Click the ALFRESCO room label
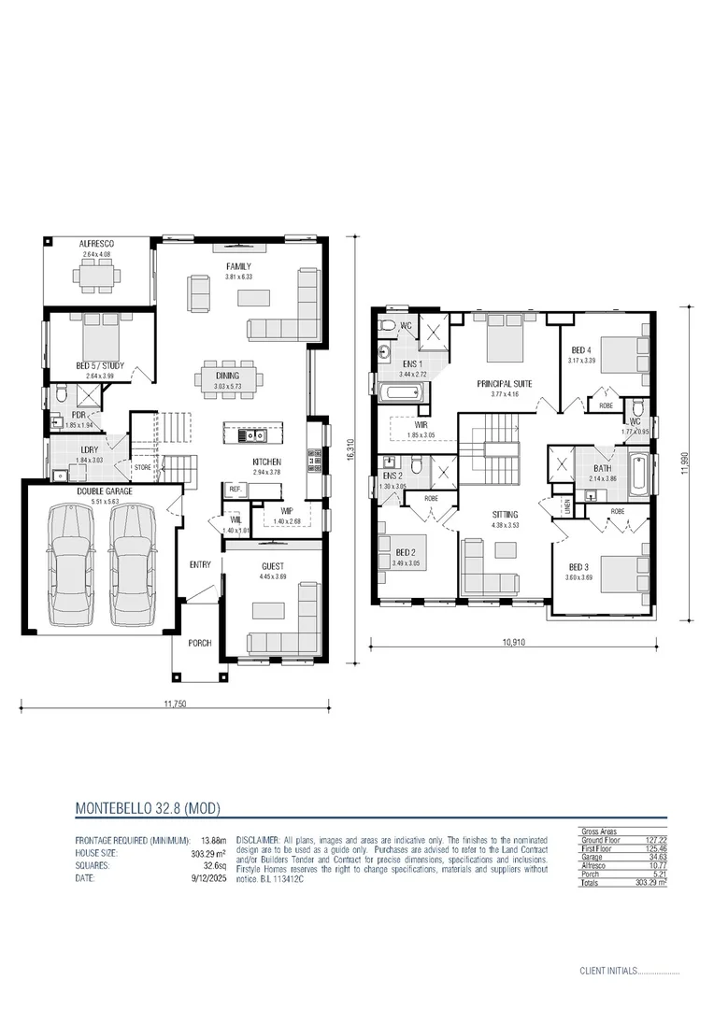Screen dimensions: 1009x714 [96, 244]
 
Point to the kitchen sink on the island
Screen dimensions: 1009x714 [251, 435]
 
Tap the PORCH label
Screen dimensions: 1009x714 [199, 643]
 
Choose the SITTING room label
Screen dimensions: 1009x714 [505, 515]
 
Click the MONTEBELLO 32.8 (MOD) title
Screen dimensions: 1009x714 [148, 806]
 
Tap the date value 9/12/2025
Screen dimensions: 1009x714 [208, 878]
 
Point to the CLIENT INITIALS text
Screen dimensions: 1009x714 [607, 971]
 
